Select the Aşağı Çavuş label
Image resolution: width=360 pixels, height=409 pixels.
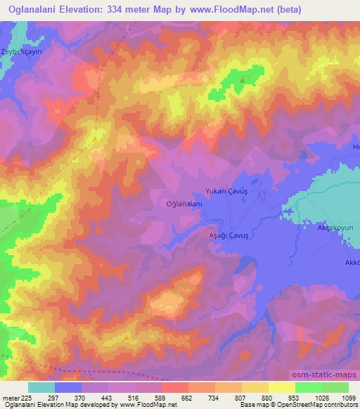tap(231, 238)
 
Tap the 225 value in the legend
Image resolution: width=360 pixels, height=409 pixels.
tap(23, 398)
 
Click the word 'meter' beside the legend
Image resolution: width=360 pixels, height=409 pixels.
tap(8, 398)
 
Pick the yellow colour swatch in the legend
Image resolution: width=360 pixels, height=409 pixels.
tap(281, 387)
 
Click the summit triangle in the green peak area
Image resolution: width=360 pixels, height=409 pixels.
tap(243, 80)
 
